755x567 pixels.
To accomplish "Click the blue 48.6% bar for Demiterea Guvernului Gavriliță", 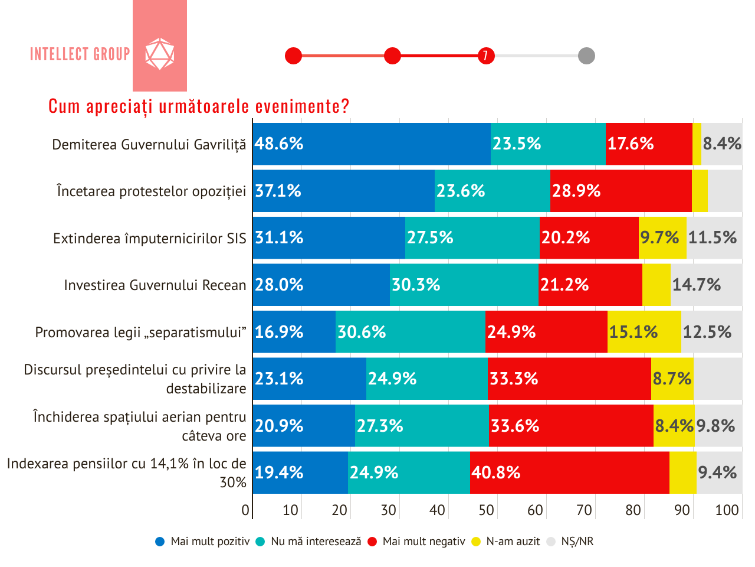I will (372, 144).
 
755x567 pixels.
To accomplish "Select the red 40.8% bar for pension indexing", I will (570, 472).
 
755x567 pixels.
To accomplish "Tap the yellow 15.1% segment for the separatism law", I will (644, 332).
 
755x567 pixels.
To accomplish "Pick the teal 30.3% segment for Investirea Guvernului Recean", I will (464, 285).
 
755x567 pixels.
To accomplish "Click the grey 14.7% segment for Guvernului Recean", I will (706, 285).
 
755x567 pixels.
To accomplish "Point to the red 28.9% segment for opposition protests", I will (621, 191).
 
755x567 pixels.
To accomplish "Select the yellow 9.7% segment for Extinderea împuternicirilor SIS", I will (662, 237).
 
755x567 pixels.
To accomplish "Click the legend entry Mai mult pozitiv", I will (203, 542).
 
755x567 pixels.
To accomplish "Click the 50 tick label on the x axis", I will (486, 510).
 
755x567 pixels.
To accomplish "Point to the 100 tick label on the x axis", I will (727, 510).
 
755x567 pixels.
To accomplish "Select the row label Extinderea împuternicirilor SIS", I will (150, 239).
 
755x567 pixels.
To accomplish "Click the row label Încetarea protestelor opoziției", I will (152, 191).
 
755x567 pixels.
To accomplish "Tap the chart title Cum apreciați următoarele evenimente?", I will (199, 106).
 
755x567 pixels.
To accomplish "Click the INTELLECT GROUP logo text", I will (80, 54).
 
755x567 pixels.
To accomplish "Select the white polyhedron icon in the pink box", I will (160, 54).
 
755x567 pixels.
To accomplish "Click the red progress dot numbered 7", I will (486, 56).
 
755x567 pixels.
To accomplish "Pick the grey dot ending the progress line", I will (586, 56).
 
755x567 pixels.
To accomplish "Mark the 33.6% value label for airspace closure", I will (515, 426).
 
